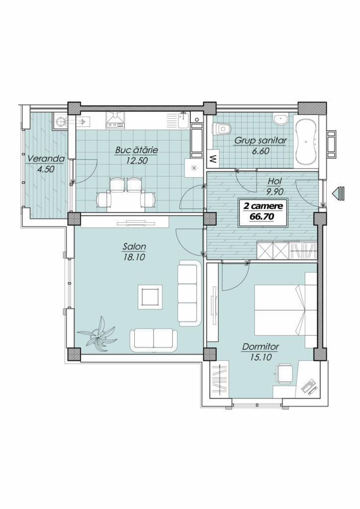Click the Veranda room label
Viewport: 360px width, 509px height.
coord(46,159)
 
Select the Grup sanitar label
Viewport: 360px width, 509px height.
coord(261,141)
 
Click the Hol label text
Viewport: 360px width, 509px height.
coord(274,181)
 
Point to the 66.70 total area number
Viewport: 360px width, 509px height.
coord(262,216)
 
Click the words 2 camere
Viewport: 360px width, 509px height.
coord(262,206)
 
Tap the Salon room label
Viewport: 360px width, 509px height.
coord(134,247)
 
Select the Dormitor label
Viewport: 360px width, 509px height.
coord(261,347)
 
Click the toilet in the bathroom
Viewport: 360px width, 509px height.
coord(222,129)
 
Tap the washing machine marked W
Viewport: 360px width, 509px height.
coord(213,159)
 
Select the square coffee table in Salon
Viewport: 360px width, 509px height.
coord(150,297)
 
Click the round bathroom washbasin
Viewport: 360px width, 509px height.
coord(280,119)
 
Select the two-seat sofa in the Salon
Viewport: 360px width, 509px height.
coord(153,339)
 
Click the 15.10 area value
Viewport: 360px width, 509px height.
coord(261,357)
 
